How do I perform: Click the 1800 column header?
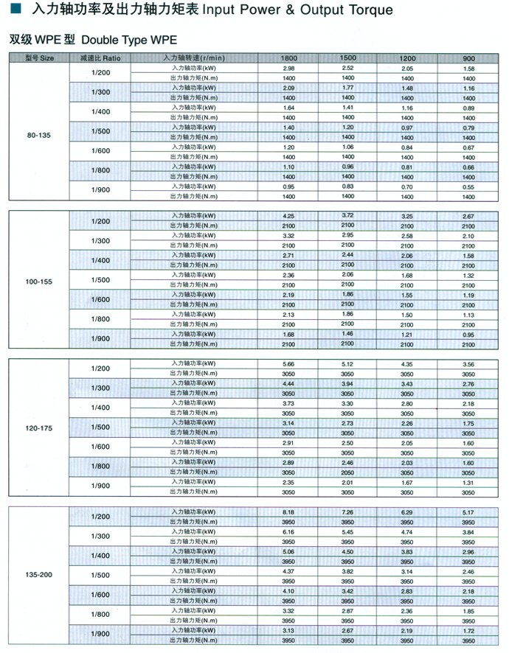pyautogui.click(x=289, y=57)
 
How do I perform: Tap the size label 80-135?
pyautogui.click(x=38, y=135)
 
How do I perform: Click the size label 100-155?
pyautogui.click(x=38, y=281)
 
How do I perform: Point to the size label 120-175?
pyautogui.click(x=38, y=428)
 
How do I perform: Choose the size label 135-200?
pyautogui.click(x=38, y=575)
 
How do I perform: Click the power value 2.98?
pyautogui.click(x=289, y=68)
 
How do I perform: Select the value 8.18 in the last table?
pyautogui.click(x=288, y=511)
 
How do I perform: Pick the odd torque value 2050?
pyautogui.click(x=347, y=472)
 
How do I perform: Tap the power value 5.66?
pyautogui.click(x=288, y=363)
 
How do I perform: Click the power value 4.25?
pyautogui.click(x=289, y=216)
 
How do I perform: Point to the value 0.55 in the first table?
pyautogui.click(x=468, y=187)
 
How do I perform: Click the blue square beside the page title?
pyautogui.click(x=14, y=10)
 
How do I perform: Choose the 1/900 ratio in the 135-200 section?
pyautogui.click(x=100, y=634)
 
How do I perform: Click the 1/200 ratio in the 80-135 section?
pyautogui.click(x=100, y=72)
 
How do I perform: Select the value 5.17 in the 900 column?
pyautogui.click(x=468, y=511)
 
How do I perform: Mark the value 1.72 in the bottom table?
pyautogui.click(x=468, y=632)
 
